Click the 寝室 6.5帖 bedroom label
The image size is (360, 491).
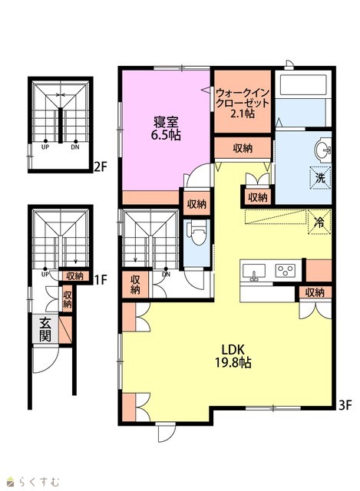(x=166, y=128)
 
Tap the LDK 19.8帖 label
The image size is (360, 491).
(x=233, y=356)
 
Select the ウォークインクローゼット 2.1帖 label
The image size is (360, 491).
(x=243, y=103)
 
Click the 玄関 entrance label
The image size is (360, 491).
(x=45, y=329)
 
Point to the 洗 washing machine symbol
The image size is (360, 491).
(x=320, y=178)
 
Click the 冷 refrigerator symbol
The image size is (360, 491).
(x=319, y=222)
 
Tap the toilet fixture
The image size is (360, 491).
(x=197, y=232)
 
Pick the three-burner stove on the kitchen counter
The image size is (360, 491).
(x=285, y=271)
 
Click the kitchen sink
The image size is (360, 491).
(x=254, y=271)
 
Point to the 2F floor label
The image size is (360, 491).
(x=101, y=167)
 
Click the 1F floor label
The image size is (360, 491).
(x=101, y=279)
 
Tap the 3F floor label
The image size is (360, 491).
(x=345, y=406)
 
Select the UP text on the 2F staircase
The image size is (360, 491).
(x=45, y=147)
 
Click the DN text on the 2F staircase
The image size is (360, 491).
(x=75, y=147)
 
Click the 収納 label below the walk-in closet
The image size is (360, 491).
(x=243, y=148)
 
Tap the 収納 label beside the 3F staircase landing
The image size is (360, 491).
(x=135, y=285)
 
